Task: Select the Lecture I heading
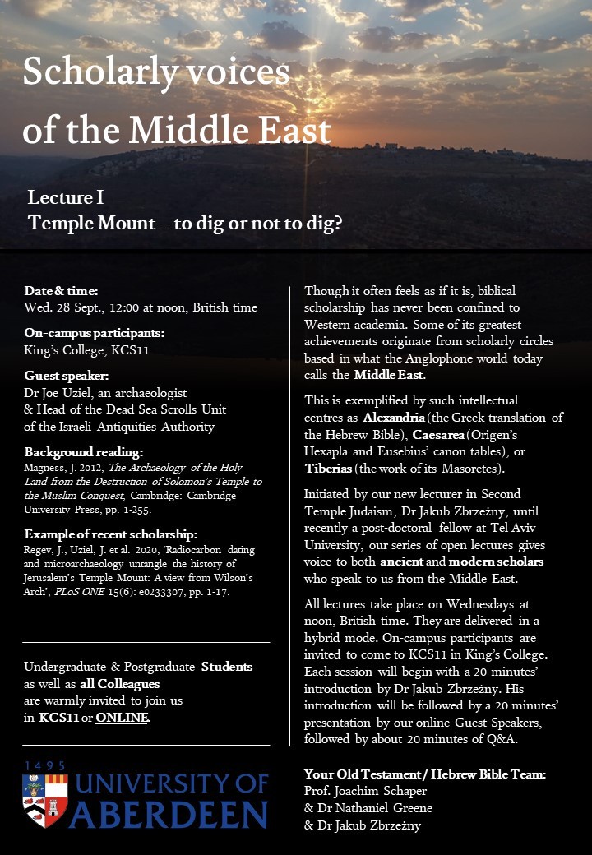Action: coord(65,198)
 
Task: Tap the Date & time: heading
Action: coord(61,291)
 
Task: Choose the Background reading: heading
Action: coord(84,452)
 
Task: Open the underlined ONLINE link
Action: coord(123,718)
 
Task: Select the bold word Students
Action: coord(226,667)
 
